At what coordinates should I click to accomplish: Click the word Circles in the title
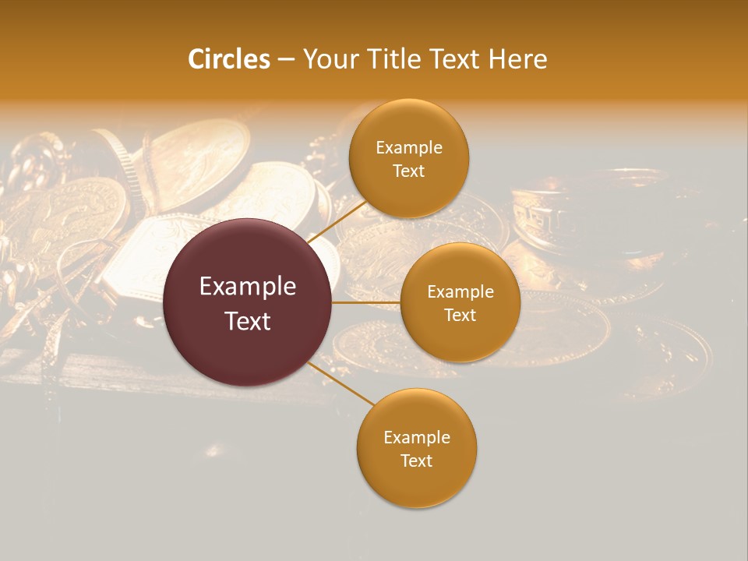click(228, 59)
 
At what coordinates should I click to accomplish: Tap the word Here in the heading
click(517, 59)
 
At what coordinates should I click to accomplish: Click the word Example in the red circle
click(248, 287)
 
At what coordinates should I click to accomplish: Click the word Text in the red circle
click(248, 320)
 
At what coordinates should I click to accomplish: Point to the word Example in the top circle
click(409, 148)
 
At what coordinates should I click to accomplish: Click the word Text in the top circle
click(409, 171)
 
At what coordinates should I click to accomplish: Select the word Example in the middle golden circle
click(460, 292)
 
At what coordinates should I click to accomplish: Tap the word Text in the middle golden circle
click(460, 316)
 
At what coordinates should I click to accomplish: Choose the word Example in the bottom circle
click(417, 438)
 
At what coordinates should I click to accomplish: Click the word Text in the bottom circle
click(417, 461)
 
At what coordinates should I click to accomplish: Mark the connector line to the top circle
click(337, 221)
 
